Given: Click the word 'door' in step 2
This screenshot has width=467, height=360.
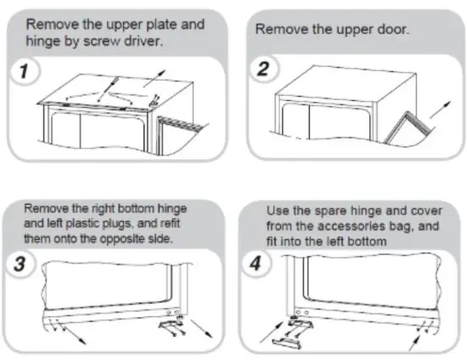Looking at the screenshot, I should click(x=391, y=29).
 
